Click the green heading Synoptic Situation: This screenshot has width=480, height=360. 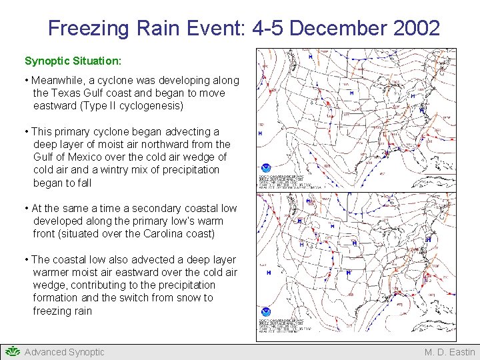tap(73, 61)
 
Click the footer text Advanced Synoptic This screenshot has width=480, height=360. tap(64, 352)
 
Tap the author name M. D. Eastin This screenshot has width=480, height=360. tap(450, 352)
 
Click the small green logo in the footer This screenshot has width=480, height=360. tap(12, 351)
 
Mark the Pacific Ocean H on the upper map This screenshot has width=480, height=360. tap(260, 133)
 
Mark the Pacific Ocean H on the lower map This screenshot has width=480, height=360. tap(268, 273)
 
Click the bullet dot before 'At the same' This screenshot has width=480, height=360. tap(27, 209)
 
